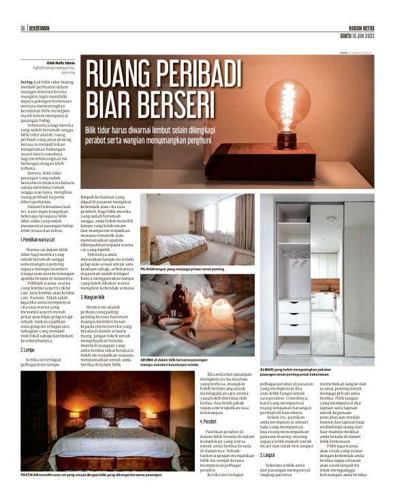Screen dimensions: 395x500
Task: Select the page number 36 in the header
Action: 23,29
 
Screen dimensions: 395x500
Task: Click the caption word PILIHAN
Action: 148,270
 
